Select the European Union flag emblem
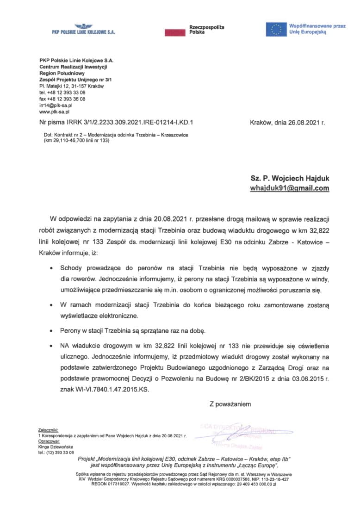[x=276, y=30]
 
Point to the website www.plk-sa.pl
[x=54, y=112]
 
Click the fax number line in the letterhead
[x=62, y=99]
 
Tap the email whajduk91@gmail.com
[x=290, y=188]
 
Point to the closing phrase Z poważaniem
[x=230, y=404]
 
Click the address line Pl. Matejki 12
[x=71, y=86]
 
